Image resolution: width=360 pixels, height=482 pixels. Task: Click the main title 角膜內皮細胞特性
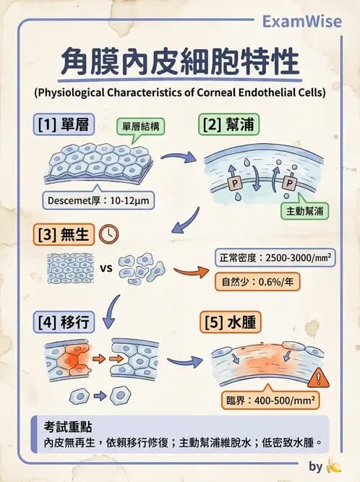pyautogui.click(x=179, y=62)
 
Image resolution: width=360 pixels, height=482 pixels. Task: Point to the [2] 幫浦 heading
pyautogui.click(x=226, y=124)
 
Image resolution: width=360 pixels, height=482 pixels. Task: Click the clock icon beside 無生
pyautogui.click(x=109, y=234)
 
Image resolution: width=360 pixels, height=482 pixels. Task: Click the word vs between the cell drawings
pyautogui.click(x=104, y=269)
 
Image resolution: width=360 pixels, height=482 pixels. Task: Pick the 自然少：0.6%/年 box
pyautogui.click(x=252, y=282)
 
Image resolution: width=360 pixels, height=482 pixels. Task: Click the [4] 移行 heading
pyautogui.click(x=63, y=322)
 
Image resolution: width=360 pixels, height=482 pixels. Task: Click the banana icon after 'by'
pyautogui.click(x=333, y=466)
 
